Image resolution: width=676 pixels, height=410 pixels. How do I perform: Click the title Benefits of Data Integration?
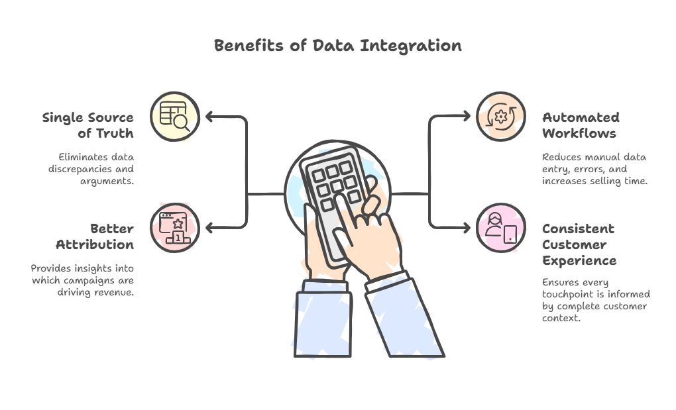coord(337,46)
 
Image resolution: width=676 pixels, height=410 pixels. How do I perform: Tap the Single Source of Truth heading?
coord(88,125)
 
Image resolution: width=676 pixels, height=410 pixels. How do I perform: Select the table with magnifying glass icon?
coord(174,117)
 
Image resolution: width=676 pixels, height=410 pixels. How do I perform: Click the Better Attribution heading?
coord(94,236)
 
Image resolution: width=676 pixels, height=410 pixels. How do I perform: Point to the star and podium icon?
coord(174,228)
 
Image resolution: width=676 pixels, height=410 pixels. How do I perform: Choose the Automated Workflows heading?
coord(581,125)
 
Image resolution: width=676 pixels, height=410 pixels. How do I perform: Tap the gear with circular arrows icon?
coord(500,117)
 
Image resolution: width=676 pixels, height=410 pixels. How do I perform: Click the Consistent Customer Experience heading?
coord(579,244)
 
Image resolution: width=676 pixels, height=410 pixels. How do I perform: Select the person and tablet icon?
coord(500,228)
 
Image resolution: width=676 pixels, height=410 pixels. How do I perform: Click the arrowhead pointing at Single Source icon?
coord(209,117)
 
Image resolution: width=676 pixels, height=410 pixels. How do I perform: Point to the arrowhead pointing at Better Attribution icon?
coord(209,228)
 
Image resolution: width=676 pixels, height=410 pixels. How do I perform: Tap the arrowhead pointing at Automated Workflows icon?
coord(466,116)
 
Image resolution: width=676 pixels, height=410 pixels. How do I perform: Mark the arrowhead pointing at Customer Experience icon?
coord(466,228)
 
